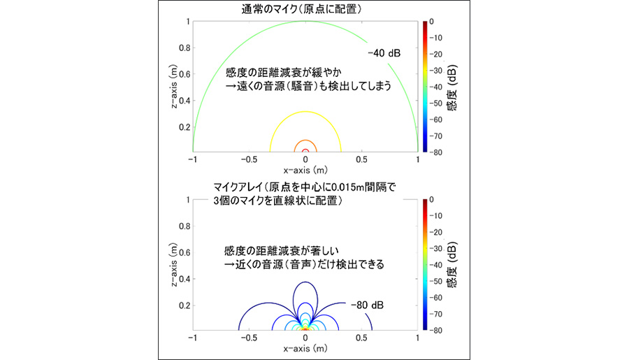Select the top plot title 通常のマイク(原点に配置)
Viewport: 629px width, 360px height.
click(x=305, y=9)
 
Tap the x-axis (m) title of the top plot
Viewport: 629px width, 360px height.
click(x=305, y=170)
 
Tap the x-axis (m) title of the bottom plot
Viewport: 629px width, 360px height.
click(x=305, y=347)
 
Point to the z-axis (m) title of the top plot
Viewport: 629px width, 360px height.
click(x=172, y=86)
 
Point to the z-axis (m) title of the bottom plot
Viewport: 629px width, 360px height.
click(x=172, y=264)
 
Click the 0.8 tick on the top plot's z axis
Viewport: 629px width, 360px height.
click(x=184, y=48)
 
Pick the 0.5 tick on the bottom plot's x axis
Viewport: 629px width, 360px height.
click(x=361, y=338)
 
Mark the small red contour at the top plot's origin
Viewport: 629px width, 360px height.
click(x=305, y=150)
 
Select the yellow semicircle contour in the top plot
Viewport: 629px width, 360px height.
click(x=305, y=112)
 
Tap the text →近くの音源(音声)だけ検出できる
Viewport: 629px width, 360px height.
click(x=305, y=265)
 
